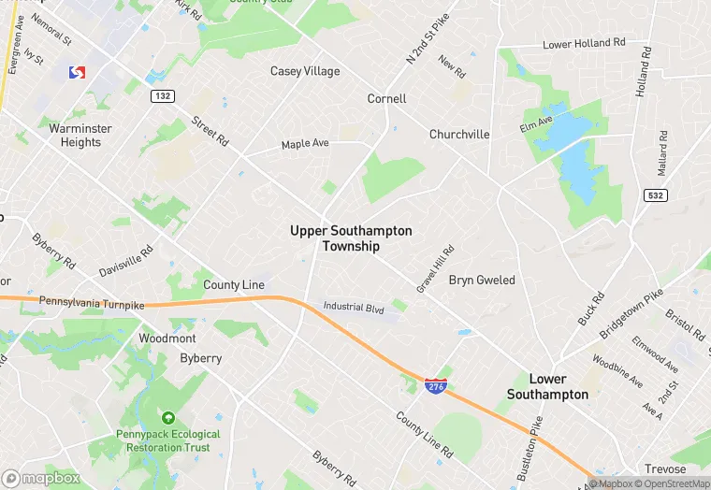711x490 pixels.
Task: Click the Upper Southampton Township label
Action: pyautogui.click(x=351, y=238)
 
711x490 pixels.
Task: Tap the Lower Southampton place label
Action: pyautogui.click(x=547, y=386)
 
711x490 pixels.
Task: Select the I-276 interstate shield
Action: pyautogui.click(x=435, y=384)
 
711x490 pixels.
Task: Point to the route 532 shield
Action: pyautogui.click(x=655, y=195)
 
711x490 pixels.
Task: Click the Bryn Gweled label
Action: pyautogui.click(x=482, y=280)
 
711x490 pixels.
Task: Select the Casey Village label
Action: pyautogui.click(x=305, y=71)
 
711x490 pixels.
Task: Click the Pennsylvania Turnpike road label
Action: pyautogui.click(x=93, y=302)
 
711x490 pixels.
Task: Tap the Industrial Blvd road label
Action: pyautogui.click(x=354, y=307)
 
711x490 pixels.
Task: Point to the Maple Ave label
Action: pyautogui.click(x=305, y=144)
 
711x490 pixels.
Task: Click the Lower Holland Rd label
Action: pyautogui.click(x=584, y=44)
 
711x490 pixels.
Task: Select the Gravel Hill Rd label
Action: pyautogui.click(x=435, y=269)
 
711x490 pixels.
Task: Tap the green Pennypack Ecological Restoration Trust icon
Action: pyautogui.click(x=168, y=418)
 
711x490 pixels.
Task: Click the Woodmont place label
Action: pyautogui.click(x=167, y=338)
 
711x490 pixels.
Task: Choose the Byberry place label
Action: pyautogui.click(x=200, y=358)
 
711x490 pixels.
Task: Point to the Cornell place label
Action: pyautogui.click(x=386, y=98)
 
